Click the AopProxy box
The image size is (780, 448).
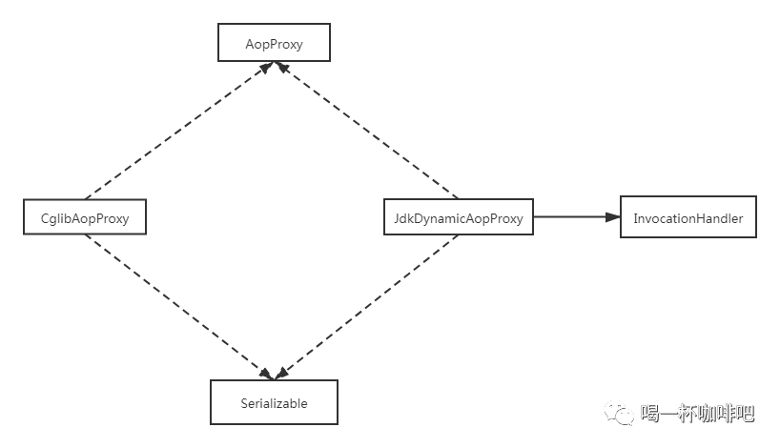click(274, 43)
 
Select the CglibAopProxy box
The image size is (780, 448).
click(85, 218)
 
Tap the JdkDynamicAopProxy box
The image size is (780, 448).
click(458, 218)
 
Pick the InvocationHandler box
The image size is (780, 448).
click(688, 218)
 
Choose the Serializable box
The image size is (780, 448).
click(274, 402)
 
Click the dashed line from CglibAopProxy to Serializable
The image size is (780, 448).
click(176, 305)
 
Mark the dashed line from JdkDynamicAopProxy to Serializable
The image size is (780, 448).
click(367, 305)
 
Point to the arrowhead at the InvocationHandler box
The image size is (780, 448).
click(613, 217)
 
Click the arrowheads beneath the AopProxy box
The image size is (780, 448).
click(275, 66)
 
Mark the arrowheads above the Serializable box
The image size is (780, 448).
click(275, 374)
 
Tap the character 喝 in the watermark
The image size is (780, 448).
click(649, 413)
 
